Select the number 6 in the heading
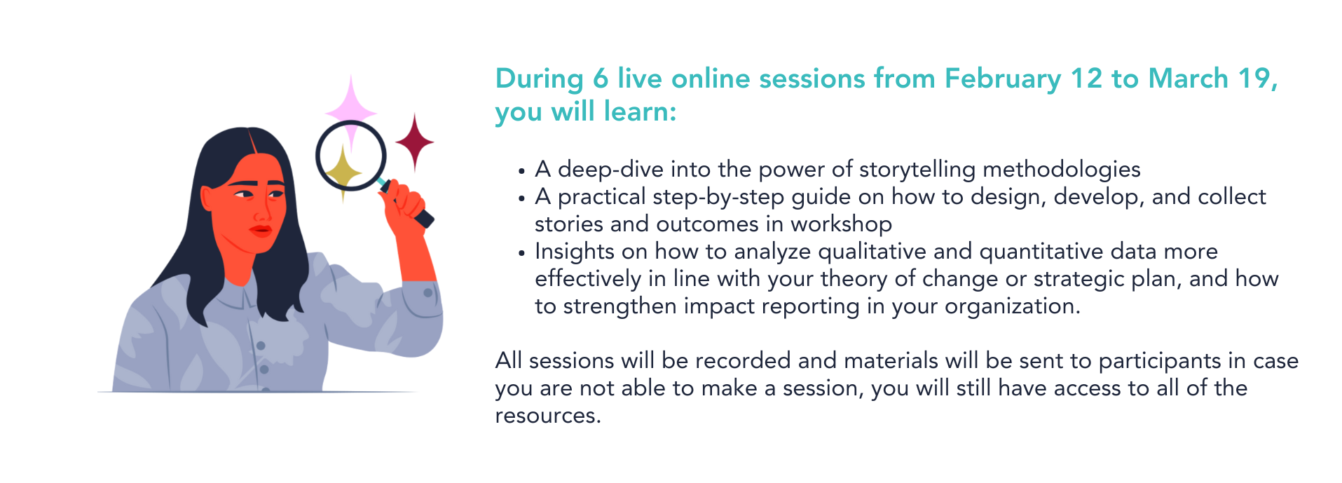click(x=601, y=79)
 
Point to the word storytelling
click(x=917, y=170)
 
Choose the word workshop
click(x=841, y=224)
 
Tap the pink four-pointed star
click(x=351, y=111)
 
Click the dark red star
click(x=414, y=142)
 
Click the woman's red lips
click(x=261, y=230)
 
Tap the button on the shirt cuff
click(x=427, y=292)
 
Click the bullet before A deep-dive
click(x=521, y=171)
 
